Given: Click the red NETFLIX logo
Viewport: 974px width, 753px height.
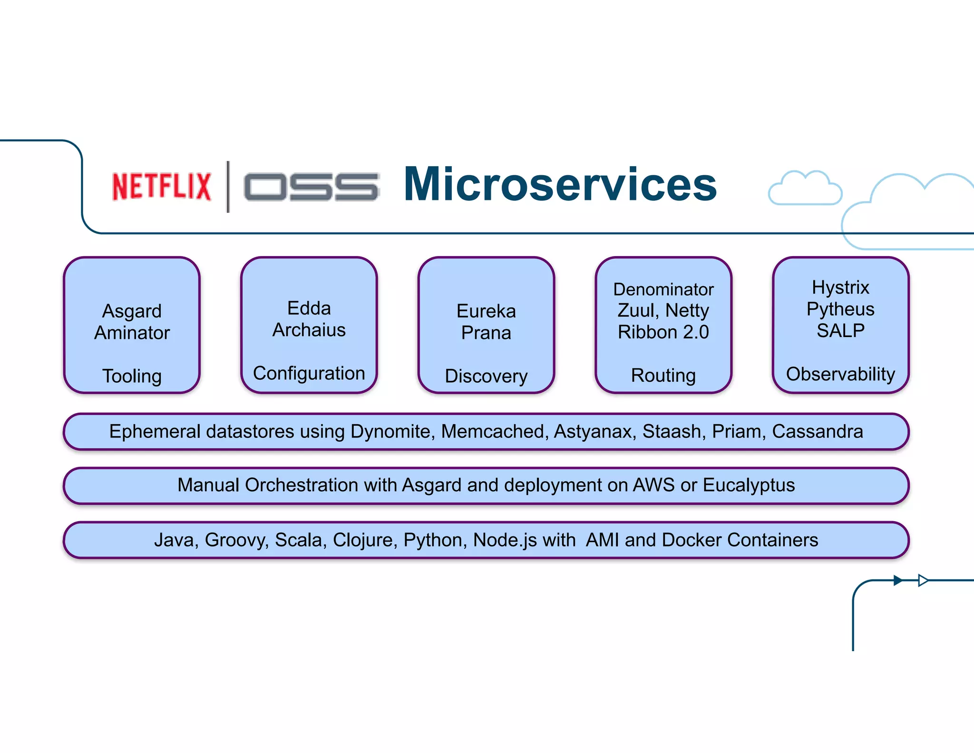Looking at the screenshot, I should (161, 186).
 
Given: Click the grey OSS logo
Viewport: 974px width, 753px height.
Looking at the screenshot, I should (311, 187).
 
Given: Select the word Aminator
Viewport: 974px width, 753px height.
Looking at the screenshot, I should (132, 333).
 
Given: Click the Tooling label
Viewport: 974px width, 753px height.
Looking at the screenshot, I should (132, 376).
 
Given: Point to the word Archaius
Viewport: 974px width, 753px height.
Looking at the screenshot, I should (309, 330).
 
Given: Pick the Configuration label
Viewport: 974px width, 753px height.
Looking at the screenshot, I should (309, 373).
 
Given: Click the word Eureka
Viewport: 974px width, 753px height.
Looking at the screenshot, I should (486, 311).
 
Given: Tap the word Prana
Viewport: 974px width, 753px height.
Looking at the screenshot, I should (486, 333).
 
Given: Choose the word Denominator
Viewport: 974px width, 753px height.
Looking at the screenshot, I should (663, 289).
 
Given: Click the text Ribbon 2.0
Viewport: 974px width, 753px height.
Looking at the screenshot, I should (663, 332).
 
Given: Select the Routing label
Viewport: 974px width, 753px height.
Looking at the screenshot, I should (663, 376).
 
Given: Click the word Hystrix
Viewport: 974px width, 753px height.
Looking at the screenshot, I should (840, 287).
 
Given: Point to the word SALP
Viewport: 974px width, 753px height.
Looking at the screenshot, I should (840, 330).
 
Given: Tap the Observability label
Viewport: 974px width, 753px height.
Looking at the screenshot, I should (840, 374).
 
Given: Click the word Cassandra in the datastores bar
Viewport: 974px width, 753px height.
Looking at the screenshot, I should (817, 431).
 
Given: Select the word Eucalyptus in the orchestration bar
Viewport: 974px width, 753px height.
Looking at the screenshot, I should (749, 485).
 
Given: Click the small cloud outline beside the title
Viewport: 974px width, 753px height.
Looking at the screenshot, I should (805, 189).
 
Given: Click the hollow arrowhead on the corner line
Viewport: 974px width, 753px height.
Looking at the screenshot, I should (923, 580).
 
